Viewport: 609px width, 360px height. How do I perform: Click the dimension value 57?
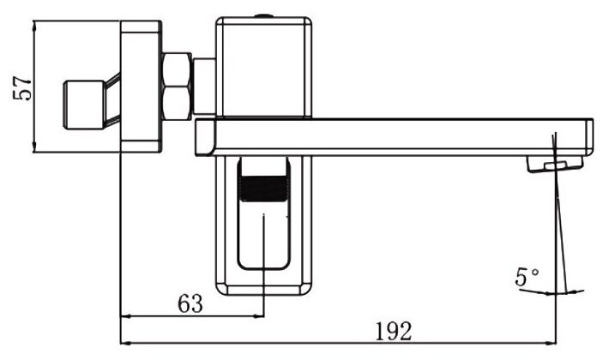click(x=22, y=88)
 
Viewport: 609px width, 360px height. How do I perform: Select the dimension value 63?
click(x=190, y=303)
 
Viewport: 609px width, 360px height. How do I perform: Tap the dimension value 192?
click(x=393, y=332)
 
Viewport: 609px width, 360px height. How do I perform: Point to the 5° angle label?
click(x=527, y=277)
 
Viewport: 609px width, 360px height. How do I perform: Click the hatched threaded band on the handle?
click(x=263, y=189)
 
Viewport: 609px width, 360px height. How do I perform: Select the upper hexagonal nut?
click(x=177, y=69)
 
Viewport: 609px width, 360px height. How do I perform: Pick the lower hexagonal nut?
click(x=177, y=103)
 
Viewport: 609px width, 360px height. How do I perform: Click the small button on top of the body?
click(x=263, y=16)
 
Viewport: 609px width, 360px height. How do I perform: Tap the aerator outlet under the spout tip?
click(x=555, y=164)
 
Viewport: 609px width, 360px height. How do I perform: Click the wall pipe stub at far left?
click(x=84, y=105)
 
